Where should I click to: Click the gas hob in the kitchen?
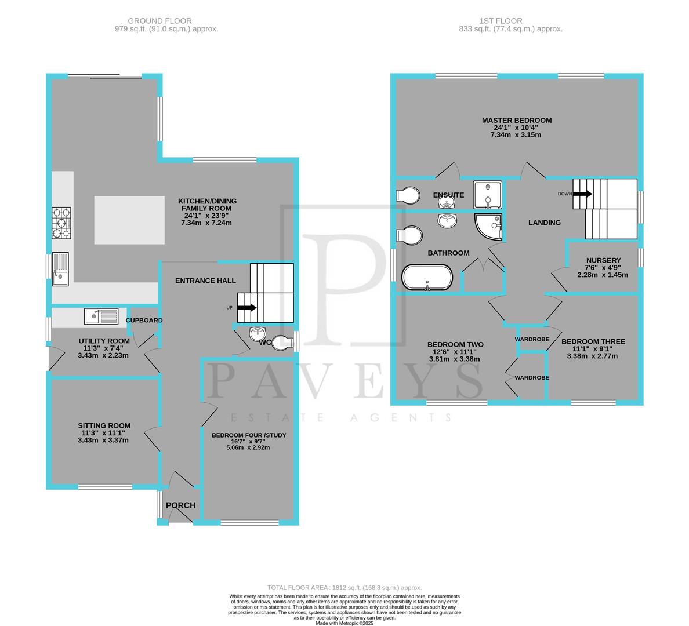62,223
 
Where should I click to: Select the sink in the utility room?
101,316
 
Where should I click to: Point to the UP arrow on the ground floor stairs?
246,307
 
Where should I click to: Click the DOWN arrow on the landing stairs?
582,194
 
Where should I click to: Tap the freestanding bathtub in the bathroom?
427,278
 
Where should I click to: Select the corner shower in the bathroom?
488,227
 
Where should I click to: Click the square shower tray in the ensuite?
488,194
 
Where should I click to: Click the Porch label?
181,505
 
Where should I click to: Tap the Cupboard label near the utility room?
144,320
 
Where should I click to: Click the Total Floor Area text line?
344,587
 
